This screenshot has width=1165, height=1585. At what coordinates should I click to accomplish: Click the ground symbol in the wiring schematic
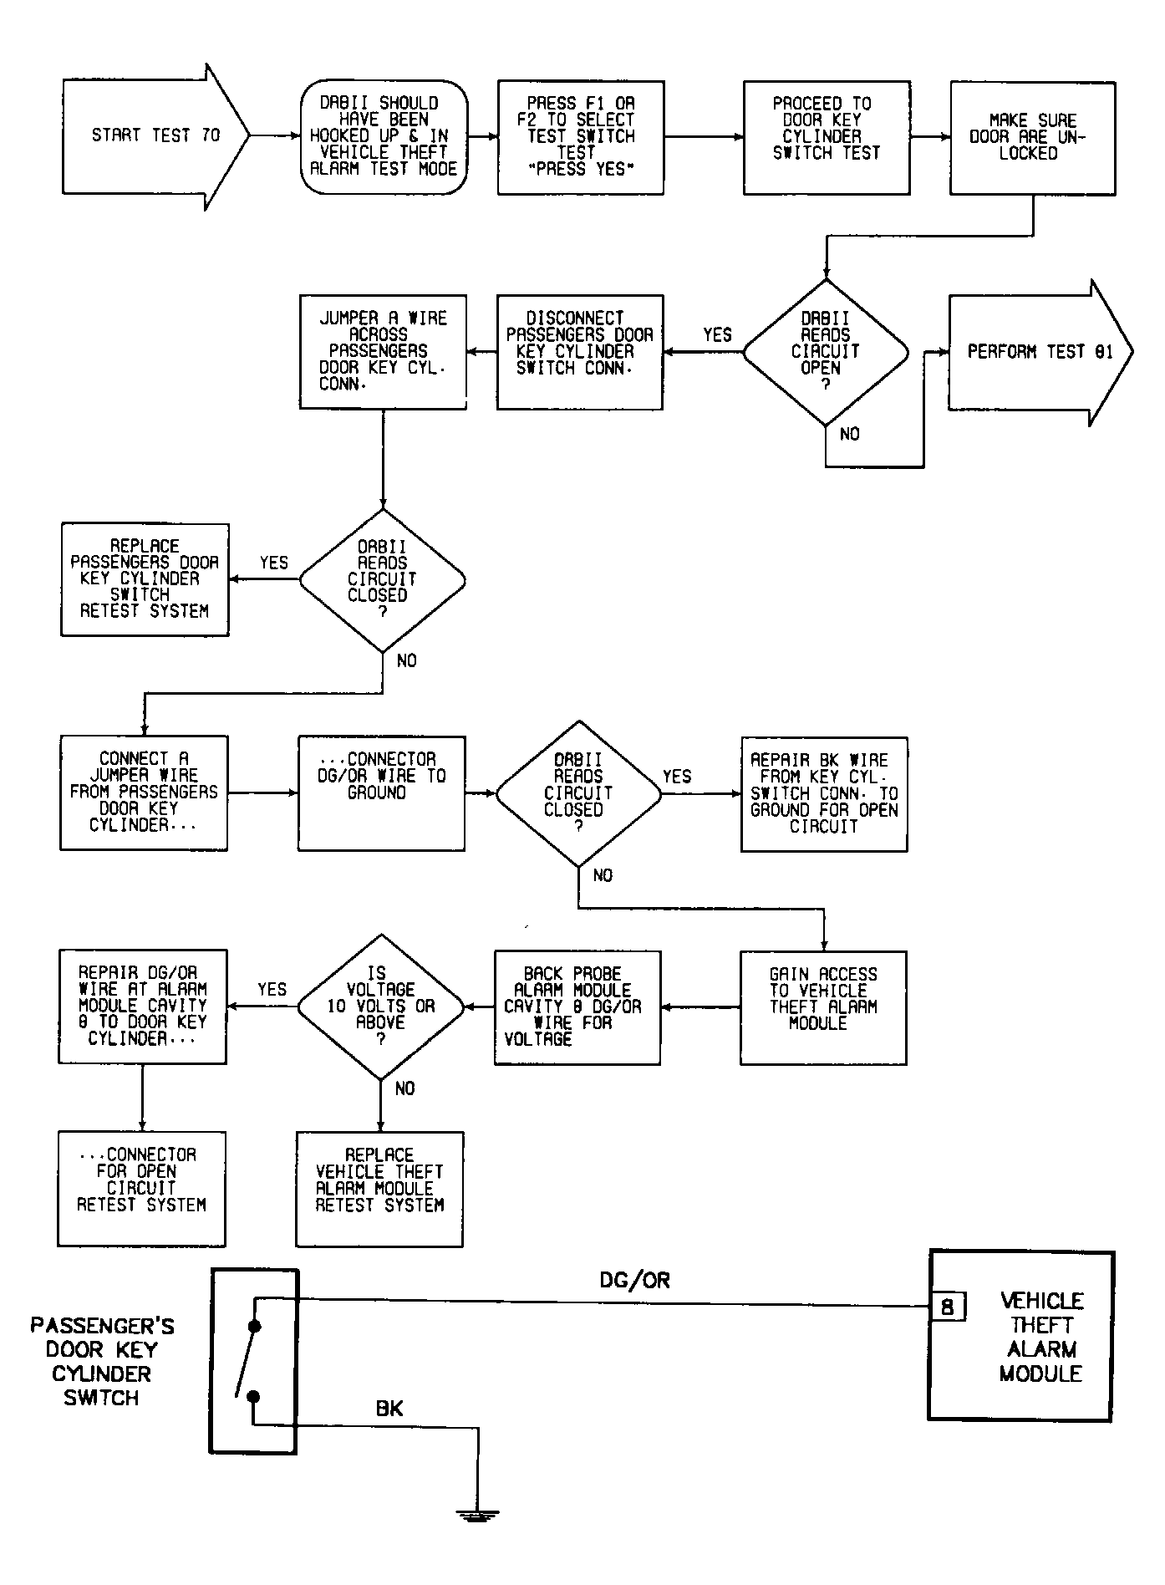(x=478, y=1515)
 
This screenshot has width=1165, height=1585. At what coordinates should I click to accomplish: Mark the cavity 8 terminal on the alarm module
(x=948, y=1307)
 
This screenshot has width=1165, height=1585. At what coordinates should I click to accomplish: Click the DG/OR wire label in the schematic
(x=634, y=1280)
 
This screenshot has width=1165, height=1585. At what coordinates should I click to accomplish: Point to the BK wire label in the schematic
(x=389, y=1408)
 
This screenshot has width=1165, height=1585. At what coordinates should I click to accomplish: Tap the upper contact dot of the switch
(x=255, y=1327)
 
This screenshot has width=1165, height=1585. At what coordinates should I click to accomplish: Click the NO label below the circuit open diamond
(x=850, y=434)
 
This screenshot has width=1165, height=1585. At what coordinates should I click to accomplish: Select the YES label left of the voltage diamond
(x=272, y=989)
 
